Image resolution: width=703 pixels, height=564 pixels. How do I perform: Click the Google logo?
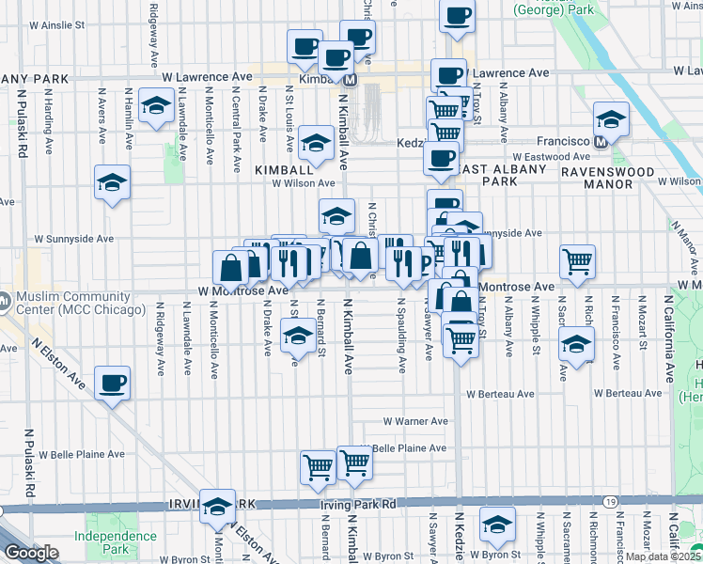pyautogui.click(x=31, y=553)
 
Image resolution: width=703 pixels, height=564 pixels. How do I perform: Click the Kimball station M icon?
pyautogui.click(x=350, y=81)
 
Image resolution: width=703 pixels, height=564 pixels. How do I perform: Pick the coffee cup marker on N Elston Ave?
pyautogui.click(x=113, y=383)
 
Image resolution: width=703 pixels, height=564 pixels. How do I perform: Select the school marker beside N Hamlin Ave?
pyautogui.click(x=155, y=105)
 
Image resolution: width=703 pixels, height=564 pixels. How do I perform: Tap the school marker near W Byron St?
pyautogui.click(x=497, y=525)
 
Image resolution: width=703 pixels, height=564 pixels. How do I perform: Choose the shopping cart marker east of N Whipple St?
pyautogui.click(x=577, y=262)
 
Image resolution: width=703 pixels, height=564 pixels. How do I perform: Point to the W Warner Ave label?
pyautogui.click(x=414, y=422)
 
